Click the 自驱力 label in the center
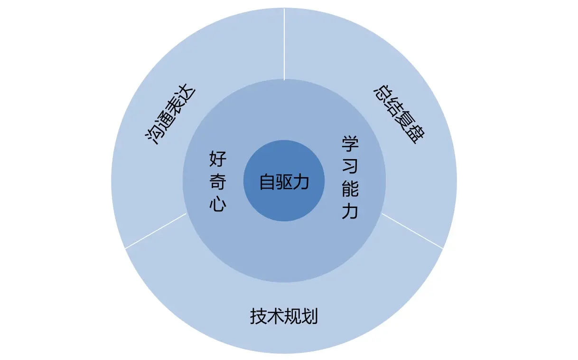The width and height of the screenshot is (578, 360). (x=284, y=182)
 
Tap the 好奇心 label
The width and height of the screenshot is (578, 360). (x=218, y=182)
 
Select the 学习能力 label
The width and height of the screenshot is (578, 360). (x=350, y=178)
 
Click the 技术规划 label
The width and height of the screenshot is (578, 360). (x=284, y=316)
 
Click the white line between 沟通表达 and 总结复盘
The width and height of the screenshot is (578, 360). (x=284, y=43)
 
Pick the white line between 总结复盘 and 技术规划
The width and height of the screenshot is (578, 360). (x=412, y=231)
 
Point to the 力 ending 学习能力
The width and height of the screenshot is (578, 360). (x=350, y=212)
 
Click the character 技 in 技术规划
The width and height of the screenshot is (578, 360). (x=258, y=316)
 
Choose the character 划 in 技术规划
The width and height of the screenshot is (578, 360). (x=309, y=316)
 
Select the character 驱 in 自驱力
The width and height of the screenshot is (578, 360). (x=284, y=182)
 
